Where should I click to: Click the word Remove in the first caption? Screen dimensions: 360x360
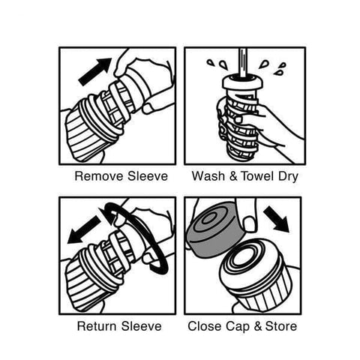[100, 176]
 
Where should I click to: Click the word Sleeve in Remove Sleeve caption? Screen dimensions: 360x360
[148, 176]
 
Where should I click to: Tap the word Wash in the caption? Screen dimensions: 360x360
[208, 176]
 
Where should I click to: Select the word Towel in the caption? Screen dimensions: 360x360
[257, 176]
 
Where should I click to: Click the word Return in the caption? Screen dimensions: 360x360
[97, 326]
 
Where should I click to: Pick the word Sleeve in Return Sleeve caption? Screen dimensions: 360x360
[142, 326]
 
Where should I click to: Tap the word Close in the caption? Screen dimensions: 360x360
[205, 326]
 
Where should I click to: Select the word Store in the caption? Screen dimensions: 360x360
[281, 326]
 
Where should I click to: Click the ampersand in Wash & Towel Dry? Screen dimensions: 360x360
[233, 176]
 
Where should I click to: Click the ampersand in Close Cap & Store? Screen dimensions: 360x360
[257, 326]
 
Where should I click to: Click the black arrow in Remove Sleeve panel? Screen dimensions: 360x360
[95, 72]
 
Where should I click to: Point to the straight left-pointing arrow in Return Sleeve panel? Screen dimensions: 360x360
[84, 230]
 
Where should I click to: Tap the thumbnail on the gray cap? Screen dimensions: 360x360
[249, 224]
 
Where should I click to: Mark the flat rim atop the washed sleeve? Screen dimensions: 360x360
[243, 82]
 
